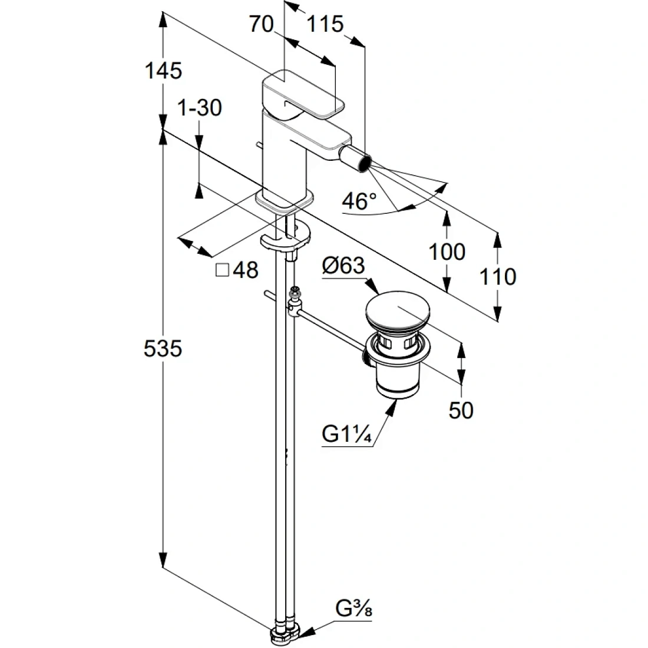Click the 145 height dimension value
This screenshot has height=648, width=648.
click(x=163, y=71)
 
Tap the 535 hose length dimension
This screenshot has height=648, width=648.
click(x=163, y=348)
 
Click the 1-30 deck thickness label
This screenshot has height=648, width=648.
click(x=200, y=108)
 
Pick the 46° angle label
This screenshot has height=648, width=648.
click(x=359, y=201)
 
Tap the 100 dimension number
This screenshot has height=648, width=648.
click(x=447, y=252)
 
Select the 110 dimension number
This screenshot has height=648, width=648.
click(x=498, y=276)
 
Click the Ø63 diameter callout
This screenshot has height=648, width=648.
click(x=343, y=266)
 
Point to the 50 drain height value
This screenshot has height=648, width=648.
click(x=461, y=411)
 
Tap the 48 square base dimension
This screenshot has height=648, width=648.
click(x=246, y=270)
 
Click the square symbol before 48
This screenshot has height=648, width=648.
click(x=222, y=270)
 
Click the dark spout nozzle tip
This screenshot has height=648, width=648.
click(x=363, y=163)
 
